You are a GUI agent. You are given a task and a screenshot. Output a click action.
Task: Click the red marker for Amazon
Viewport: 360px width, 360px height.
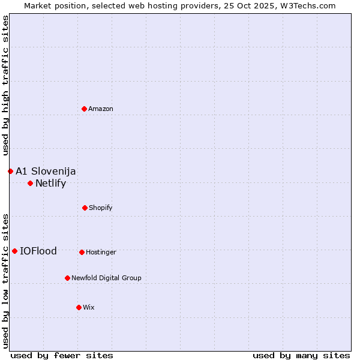tap(85, 109)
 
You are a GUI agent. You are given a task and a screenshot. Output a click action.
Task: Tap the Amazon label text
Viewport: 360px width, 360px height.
tap(101, 109)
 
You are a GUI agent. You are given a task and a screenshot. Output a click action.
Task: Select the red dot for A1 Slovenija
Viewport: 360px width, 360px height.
tap(10, 171)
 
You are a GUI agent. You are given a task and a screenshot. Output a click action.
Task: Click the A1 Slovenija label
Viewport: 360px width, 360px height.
tap(46, 171)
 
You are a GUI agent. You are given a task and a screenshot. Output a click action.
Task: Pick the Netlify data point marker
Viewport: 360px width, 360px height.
tap(30, 183)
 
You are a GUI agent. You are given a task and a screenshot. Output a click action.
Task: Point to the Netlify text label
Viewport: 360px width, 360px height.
tap(50, 183)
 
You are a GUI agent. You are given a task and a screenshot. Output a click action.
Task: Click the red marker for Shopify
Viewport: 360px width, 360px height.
tap(85, 208)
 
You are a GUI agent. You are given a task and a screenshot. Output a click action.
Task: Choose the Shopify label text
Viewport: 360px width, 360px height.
tap(101, 208)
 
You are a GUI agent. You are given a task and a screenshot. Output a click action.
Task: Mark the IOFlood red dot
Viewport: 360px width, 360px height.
tap(14, 251)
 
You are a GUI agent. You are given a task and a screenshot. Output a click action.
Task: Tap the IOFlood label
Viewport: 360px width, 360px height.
tap(38, 251)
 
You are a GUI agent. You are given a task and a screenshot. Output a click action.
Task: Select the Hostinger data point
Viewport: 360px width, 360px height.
tap(82, 252)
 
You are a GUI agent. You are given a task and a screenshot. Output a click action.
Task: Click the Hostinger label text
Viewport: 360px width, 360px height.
tap(101, 252)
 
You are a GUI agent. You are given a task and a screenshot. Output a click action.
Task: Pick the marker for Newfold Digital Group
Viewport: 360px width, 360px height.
tap(67, 278)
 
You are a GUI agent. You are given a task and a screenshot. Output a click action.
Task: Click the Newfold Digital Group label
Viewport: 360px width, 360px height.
tap(106, 278)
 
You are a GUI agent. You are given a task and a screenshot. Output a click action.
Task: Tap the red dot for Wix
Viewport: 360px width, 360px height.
tap(79, 307)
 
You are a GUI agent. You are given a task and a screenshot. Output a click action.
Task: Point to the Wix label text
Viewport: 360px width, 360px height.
tap(89, 307)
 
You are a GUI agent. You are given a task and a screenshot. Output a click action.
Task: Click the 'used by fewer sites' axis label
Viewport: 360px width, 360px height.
tap(62, 355)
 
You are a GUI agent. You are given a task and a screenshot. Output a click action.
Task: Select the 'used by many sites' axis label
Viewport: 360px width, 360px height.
tap(301, 355)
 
